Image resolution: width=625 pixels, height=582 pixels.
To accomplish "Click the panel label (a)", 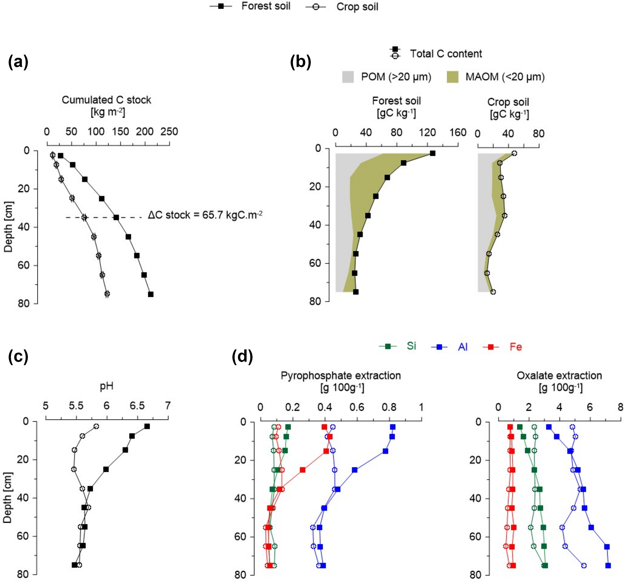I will point(18,62).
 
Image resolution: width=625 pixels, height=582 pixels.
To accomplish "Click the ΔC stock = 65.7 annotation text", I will point(205,215).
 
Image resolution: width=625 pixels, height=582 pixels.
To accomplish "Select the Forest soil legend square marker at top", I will point(221,7).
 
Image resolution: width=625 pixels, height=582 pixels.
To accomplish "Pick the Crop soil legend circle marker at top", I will point(316,7).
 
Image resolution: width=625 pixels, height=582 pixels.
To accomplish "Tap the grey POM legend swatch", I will point(348,77).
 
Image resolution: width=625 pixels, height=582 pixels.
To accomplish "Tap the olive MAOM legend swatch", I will point(452,77).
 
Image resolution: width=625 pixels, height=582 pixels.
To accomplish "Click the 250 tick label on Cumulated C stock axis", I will point(169,132).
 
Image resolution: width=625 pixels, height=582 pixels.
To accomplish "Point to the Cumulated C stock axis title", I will point(106,100).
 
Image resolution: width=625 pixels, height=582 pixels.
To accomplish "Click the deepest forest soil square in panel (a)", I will point(151,294).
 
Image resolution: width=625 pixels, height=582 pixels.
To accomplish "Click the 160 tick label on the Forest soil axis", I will point(458,133).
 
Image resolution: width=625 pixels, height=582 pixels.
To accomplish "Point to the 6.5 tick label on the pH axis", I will point(137,406).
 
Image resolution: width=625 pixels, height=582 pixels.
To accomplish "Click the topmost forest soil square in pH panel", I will point(147,426).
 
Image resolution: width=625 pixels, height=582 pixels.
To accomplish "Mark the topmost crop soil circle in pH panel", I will point(96,426).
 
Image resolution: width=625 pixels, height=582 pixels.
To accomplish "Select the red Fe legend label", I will point(516,347).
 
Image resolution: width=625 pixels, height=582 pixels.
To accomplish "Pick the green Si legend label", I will point(411,346).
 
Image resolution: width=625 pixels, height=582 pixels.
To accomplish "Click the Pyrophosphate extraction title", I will point(340,376).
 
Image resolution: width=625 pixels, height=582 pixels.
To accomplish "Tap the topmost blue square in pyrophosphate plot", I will point(392,427).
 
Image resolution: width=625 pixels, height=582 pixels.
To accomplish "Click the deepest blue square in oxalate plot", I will point(608,566).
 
